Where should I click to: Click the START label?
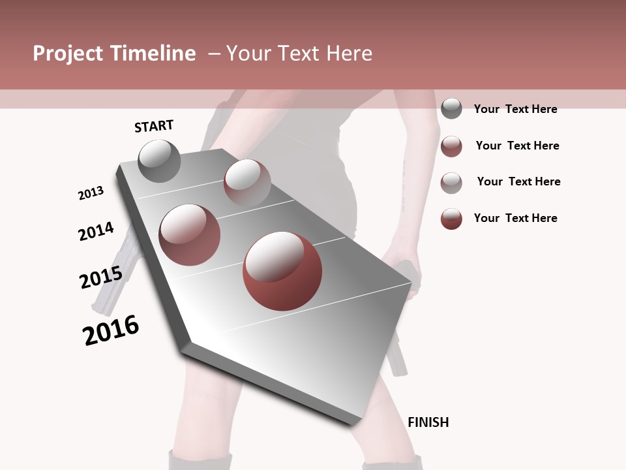154,126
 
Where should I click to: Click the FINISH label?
428,422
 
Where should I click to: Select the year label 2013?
91,193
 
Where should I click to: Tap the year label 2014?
96,231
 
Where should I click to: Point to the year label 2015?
101,277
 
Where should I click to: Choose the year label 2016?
111,330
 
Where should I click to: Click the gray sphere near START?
159,161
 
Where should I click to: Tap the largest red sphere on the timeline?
282,271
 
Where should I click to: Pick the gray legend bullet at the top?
451,108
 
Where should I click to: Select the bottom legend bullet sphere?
451,219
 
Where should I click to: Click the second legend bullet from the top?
451,146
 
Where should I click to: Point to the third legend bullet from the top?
451,183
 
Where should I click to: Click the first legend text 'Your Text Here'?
515,109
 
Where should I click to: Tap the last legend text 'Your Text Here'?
515,218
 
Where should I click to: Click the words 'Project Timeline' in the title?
114,54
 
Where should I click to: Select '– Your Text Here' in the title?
290,54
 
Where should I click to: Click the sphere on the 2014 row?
190,234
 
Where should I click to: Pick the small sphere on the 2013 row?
247,182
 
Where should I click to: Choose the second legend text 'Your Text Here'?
517,146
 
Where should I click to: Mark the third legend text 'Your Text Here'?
518,181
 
